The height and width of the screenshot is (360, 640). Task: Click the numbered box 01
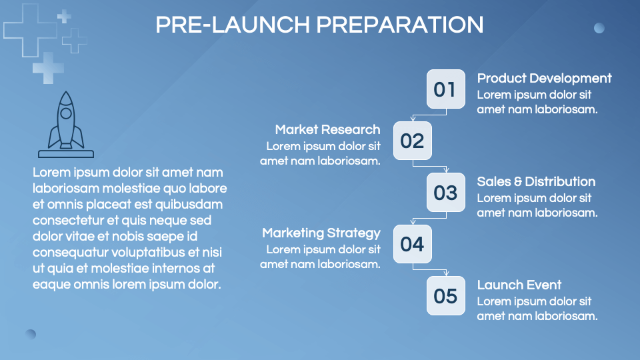click(445, 89)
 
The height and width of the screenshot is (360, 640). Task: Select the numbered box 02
click(412, 141)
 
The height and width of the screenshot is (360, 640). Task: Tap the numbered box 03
click(445, 192)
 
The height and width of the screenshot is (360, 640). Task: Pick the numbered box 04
click(412, 244)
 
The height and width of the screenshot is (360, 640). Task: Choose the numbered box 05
click(445, 295)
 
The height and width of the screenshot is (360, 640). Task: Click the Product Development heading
click(544, 78)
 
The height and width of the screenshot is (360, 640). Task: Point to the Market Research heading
click(327, 129)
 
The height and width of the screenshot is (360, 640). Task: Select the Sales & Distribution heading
click(536, 181)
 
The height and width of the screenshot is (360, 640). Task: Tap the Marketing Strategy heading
click(321, 233)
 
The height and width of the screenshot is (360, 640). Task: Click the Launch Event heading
click(519, 285)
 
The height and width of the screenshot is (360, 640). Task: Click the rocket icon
click(65, 124)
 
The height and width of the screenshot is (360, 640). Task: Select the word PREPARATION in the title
click(399, 25)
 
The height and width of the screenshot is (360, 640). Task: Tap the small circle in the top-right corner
click(599, 28)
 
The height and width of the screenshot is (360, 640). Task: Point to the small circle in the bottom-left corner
click(31, 334)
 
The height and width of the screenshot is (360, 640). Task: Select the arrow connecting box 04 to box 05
click(430, 269)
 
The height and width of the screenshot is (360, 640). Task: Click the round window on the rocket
click(65, 113)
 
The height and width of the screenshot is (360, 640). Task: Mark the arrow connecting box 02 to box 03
click(430, 166)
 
